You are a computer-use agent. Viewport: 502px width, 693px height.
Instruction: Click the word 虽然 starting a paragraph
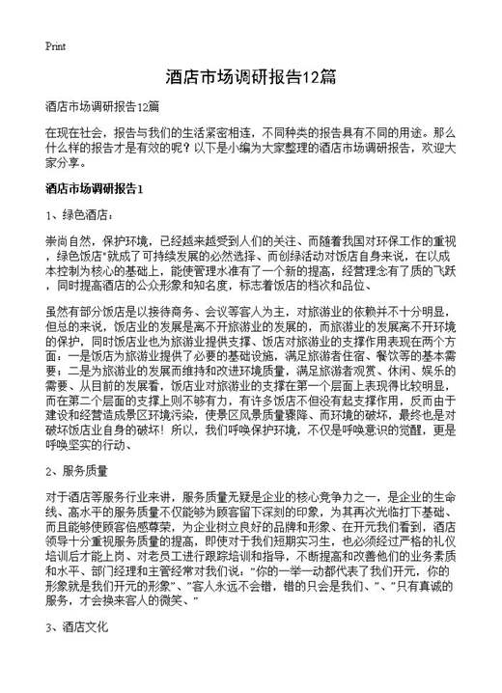tap(57, 315)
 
